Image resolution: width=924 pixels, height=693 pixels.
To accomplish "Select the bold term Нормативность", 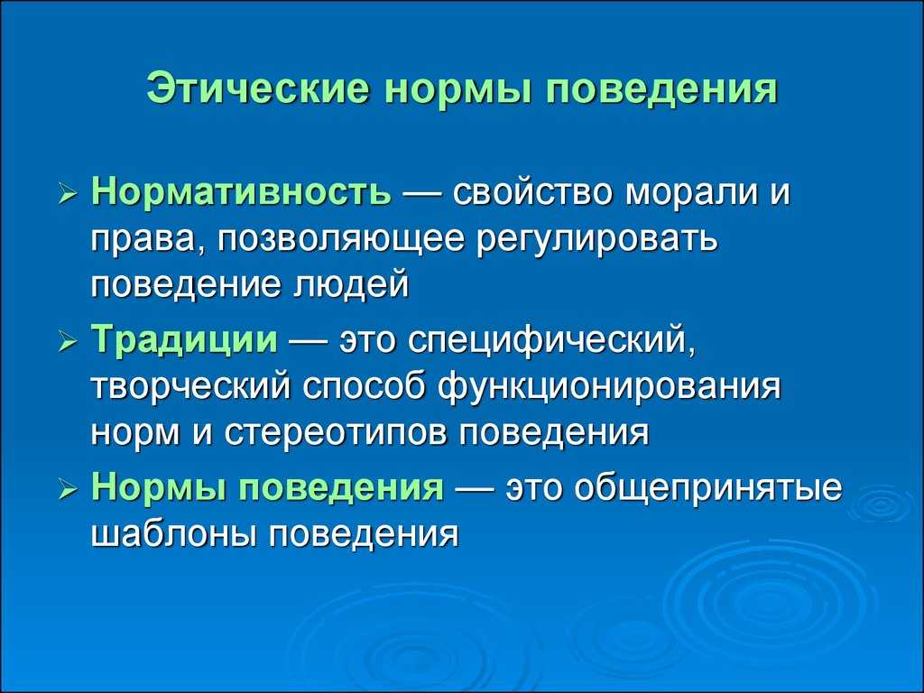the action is tap(241, 192).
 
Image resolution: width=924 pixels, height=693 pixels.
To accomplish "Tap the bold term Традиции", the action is tap(184, 340).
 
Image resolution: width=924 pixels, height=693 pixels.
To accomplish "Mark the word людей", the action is tap(350, 285).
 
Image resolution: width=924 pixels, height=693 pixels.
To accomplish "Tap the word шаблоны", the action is tap(173, 534).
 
